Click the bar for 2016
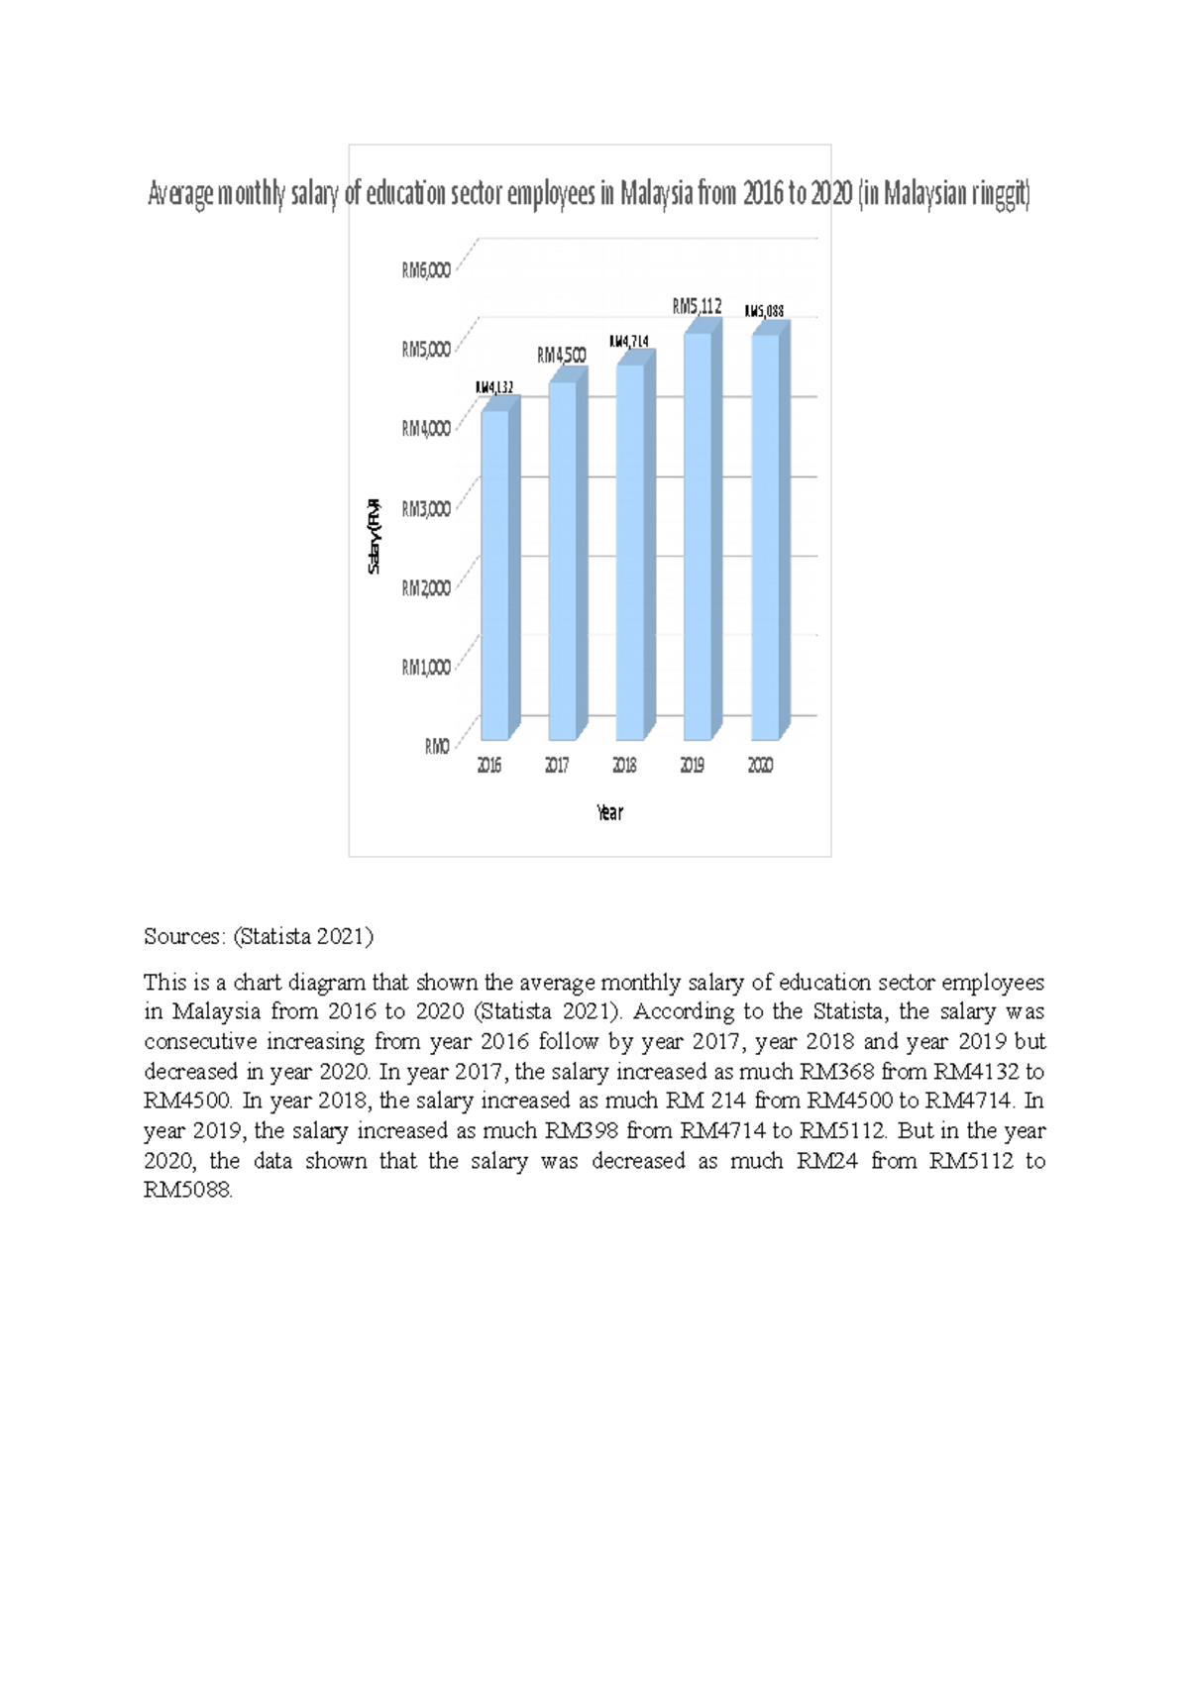pos(494,575)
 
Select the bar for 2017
pos(562,560)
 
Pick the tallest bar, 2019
pos(698,536)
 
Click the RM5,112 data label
pos(698,307)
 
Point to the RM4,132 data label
pos(494,387)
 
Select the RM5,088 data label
pos(764,311)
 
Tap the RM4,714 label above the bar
pos(629,342)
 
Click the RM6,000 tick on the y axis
pos(426,270)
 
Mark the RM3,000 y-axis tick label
pos(426,509)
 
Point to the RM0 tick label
pos(437,747)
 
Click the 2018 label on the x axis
pos(624,766)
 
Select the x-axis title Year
pos(609,813)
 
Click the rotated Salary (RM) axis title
pos(374,535)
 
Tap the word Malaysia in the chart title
pos(656,194)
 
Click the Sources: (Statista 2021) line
pos(258,936)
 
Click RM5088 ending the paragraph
pos(187,1191)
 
